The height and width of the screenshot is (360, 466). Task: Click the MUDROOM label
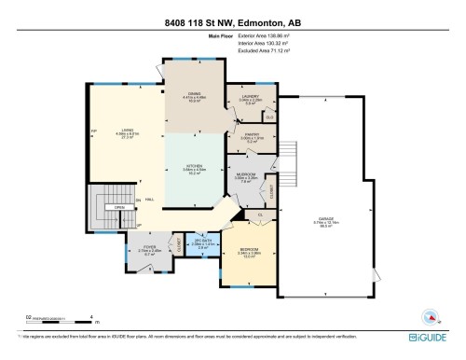pos(246,176)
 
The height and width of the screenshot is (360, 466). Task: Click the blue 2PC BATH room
pos(202,244)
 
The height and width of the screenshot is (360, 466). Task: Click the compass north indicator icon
pos(429,315)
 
